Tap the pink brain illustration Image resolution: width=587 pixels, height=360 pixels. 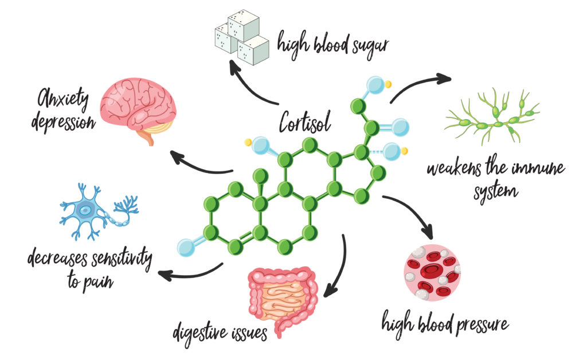click(138, 107)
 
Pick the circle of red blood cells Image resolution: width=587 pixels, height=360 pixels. click(433, 270)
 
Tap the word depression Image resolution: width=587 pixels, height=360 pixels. click(64, 122)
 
